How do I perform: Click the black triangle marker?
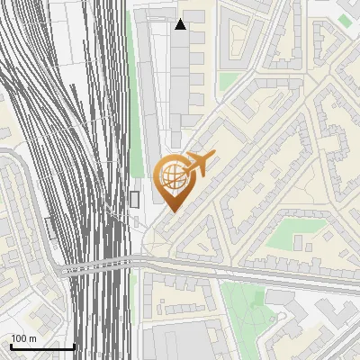(x=181, y=24)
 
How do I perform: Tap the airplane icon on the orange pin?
(x=196, y=165)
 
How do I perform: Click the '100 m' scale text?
(x=23, y=338)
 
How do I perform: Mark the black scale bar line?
(x=42, y=346)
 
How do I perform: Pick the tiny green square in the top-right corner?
(x=345, y=20)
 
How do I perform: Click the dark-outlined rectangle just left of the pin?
(x=135, y=199)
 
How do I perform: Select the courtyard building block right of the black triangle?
(x=240, y=40)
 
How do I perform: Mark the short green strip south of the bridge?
(x=134, y=292)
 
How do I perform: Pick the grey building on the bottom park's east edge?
(x=280, y=296)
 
